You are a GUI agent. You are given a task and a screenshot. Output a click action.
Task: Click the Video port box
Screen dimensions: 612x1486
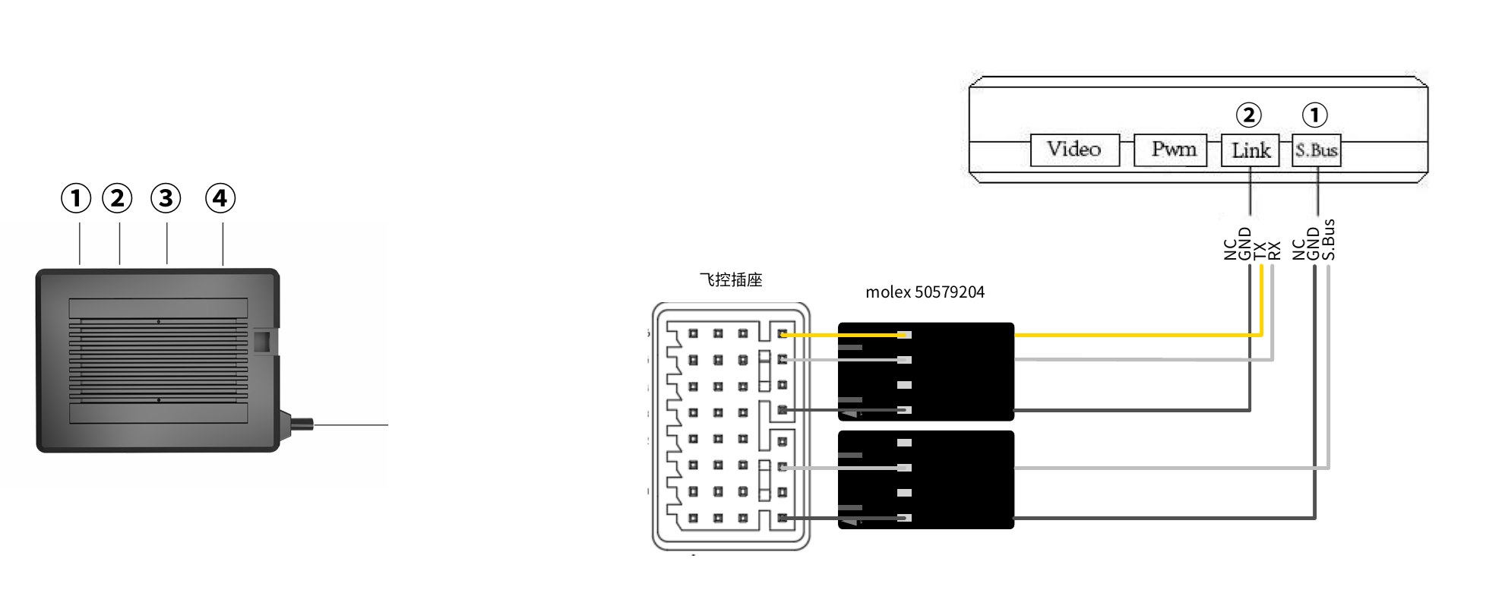[1074, 150]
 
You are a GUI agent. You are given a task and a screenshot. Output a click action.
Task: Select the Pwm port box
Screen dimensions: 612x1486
[1170, 150]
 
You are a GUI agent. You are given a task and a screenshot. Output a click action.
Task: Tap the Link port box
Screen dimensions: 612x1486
[1250, 150]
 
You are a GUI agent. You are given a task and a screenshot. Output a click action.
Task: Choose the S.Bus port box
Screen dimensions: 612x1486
[1317, 150]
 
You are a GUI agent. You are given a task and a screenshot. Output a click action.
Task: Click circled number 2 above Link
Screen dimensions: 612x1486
[1249, 115]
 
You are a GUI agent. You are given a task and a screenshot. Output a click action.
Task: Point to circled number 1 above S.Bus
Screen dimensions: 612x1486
[1315, 115]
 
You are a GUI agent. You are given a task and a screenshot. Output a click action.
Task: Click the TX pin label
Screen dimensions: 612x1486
[1260, 250]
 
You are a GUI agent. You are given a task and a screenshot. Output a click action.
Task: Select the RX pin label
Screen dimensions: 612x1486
[1275, 250]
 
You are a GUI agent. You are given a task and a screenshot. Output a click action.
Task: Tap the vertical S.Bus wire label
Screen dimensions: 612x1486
[1329, 240]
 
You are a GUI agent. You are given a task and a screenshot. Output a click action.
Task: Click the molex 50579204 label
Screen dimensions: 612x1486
[925, 292]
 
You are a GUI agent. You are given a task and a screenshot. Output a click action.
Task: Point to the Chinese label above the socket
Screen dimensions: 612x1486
[731, 280]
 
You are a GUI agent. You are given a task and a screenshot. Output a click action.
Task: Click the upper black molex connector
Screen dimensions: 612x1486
[925, 371]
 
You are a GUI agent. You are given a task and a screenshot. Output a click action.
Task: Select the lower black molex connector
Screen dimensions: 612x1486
[925, 479]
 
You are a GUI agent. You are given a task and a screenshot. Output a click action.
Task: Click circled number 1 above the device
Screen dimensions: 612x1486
[76, 198]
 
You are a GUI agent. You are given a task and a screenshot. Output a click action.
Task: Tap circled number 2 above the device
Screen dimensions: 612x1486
[117, 198]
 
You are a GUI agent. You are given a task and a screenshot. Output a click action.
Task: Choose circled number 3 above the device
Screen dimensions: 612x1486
[166, 198]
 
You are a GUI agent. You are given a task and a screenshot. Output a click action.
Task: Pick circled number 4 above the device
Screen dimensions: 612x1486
[220, 198]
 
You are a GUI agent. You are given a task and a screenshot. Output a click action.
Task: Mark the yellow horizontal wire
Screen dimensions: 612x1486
[1132, 334]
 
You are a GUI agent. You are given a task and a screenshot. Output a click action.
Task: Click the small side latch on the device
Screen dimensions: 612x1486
[263, 341]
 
